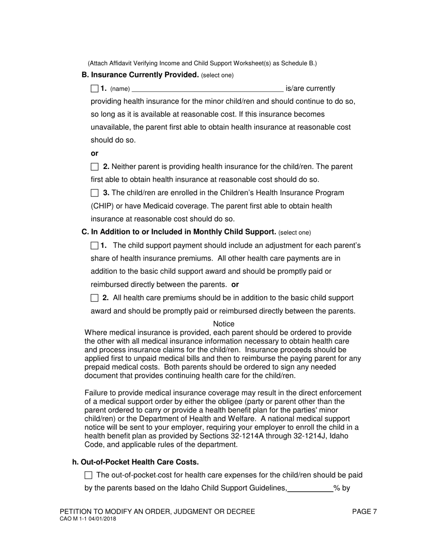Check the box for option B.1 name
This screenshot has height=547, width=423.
click(94, 88)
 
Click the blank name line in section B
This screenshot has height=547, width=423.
click(207, 89)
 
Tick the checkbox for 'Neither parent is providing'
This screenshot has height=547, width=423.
click(94, 167)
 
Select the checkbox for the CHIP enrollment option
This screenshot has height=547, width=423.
click(94, 193)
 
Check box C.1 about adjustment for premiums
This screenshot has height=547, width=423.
click(94, 245)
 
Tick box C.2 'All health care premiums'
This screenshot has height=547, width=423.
click(94, 298)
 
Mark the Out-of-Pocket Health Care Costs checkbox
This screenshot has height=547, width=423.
click(88, 475)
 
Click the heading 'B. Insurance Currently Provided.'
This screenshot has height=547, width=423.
click(140, 75)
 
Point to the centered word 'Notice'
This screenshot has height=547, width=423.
click(224, 324)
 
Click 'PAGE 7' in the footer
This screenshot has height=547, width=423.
click(364, 512)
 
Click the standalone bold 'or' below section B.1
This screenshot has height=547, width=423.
click(94, 153)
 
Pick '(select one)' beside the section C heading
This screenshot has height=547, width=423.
click(295, 233)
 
